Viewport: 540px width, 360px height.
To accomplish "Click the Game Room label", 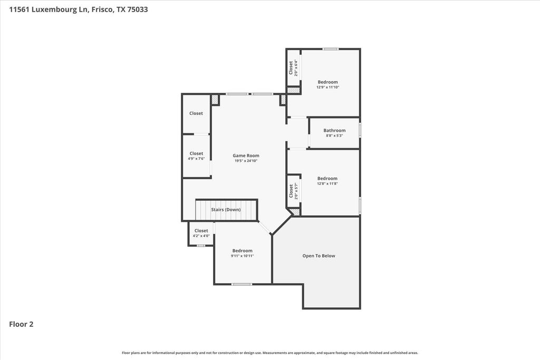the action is [x=246, y=155].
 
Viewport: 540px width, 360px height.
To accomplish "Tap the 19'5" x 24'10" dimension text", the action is [x=246, y=161].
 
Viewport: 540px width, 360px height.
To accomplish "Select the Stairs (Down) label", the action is [x=226, y=210].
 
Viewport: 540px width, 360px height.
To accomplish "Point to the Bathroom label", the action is [x=334, y=130].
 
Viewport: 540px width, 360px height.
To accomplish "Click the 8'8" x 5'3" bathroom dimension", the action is [x=334, y=135].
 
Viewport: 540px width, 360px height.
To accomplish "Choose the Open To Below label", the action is [x=319, y=256].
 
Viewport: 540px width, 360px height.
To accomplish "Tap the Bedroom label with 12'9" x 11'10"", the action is [x=328, y=82].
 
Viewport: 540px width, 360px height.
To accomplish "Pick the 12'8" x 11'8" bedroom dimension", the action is [x=327, y=183].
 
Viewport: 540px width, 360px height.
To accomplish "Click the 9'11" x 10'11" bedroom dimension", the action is [x=243, y=256].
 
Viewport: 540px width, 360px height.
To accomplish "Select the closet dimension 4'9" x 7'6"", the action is [x=196, y=159].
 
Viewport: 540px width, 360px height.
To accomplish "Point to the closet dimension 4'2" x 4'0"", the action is [x=201, y=236].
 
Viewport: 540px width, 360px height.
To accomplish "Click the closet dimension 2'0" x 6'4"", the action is [x=295, y=68].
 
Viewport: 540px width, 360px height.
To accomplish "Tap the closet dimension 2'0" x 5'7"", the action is [x=295, y=191].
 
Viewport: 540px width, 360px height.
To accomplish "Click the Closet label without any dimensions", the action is [x=196, y=113].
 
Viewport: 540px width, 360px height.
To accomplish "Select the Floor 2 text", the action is [x=21, y=324].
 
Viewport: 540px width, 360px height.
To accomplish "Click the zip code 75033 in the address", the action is [x=138, y=9].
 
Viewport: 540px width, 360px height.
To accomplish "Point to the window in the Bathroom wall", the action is [x=360, y=131].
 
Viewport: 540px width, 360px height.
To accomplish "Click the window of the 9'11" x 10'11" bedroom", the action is [x=242, y=284].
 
